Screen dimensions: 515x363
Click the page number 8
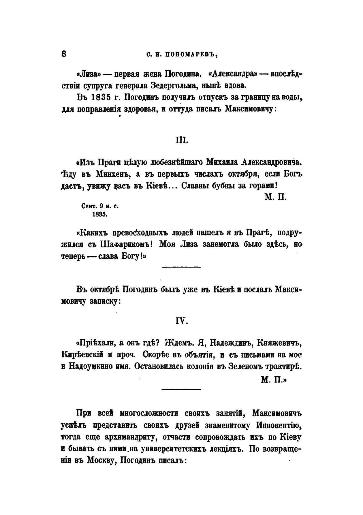click(64, 54)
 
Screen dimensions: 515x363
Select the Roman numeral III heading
click(182, 140)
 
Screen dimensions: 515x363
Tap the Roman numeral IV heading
click(182, 321)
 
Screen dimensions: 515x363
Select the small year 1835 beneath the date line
click(99, 214)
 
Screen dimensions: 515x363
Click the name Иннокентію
click(279, 425)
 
